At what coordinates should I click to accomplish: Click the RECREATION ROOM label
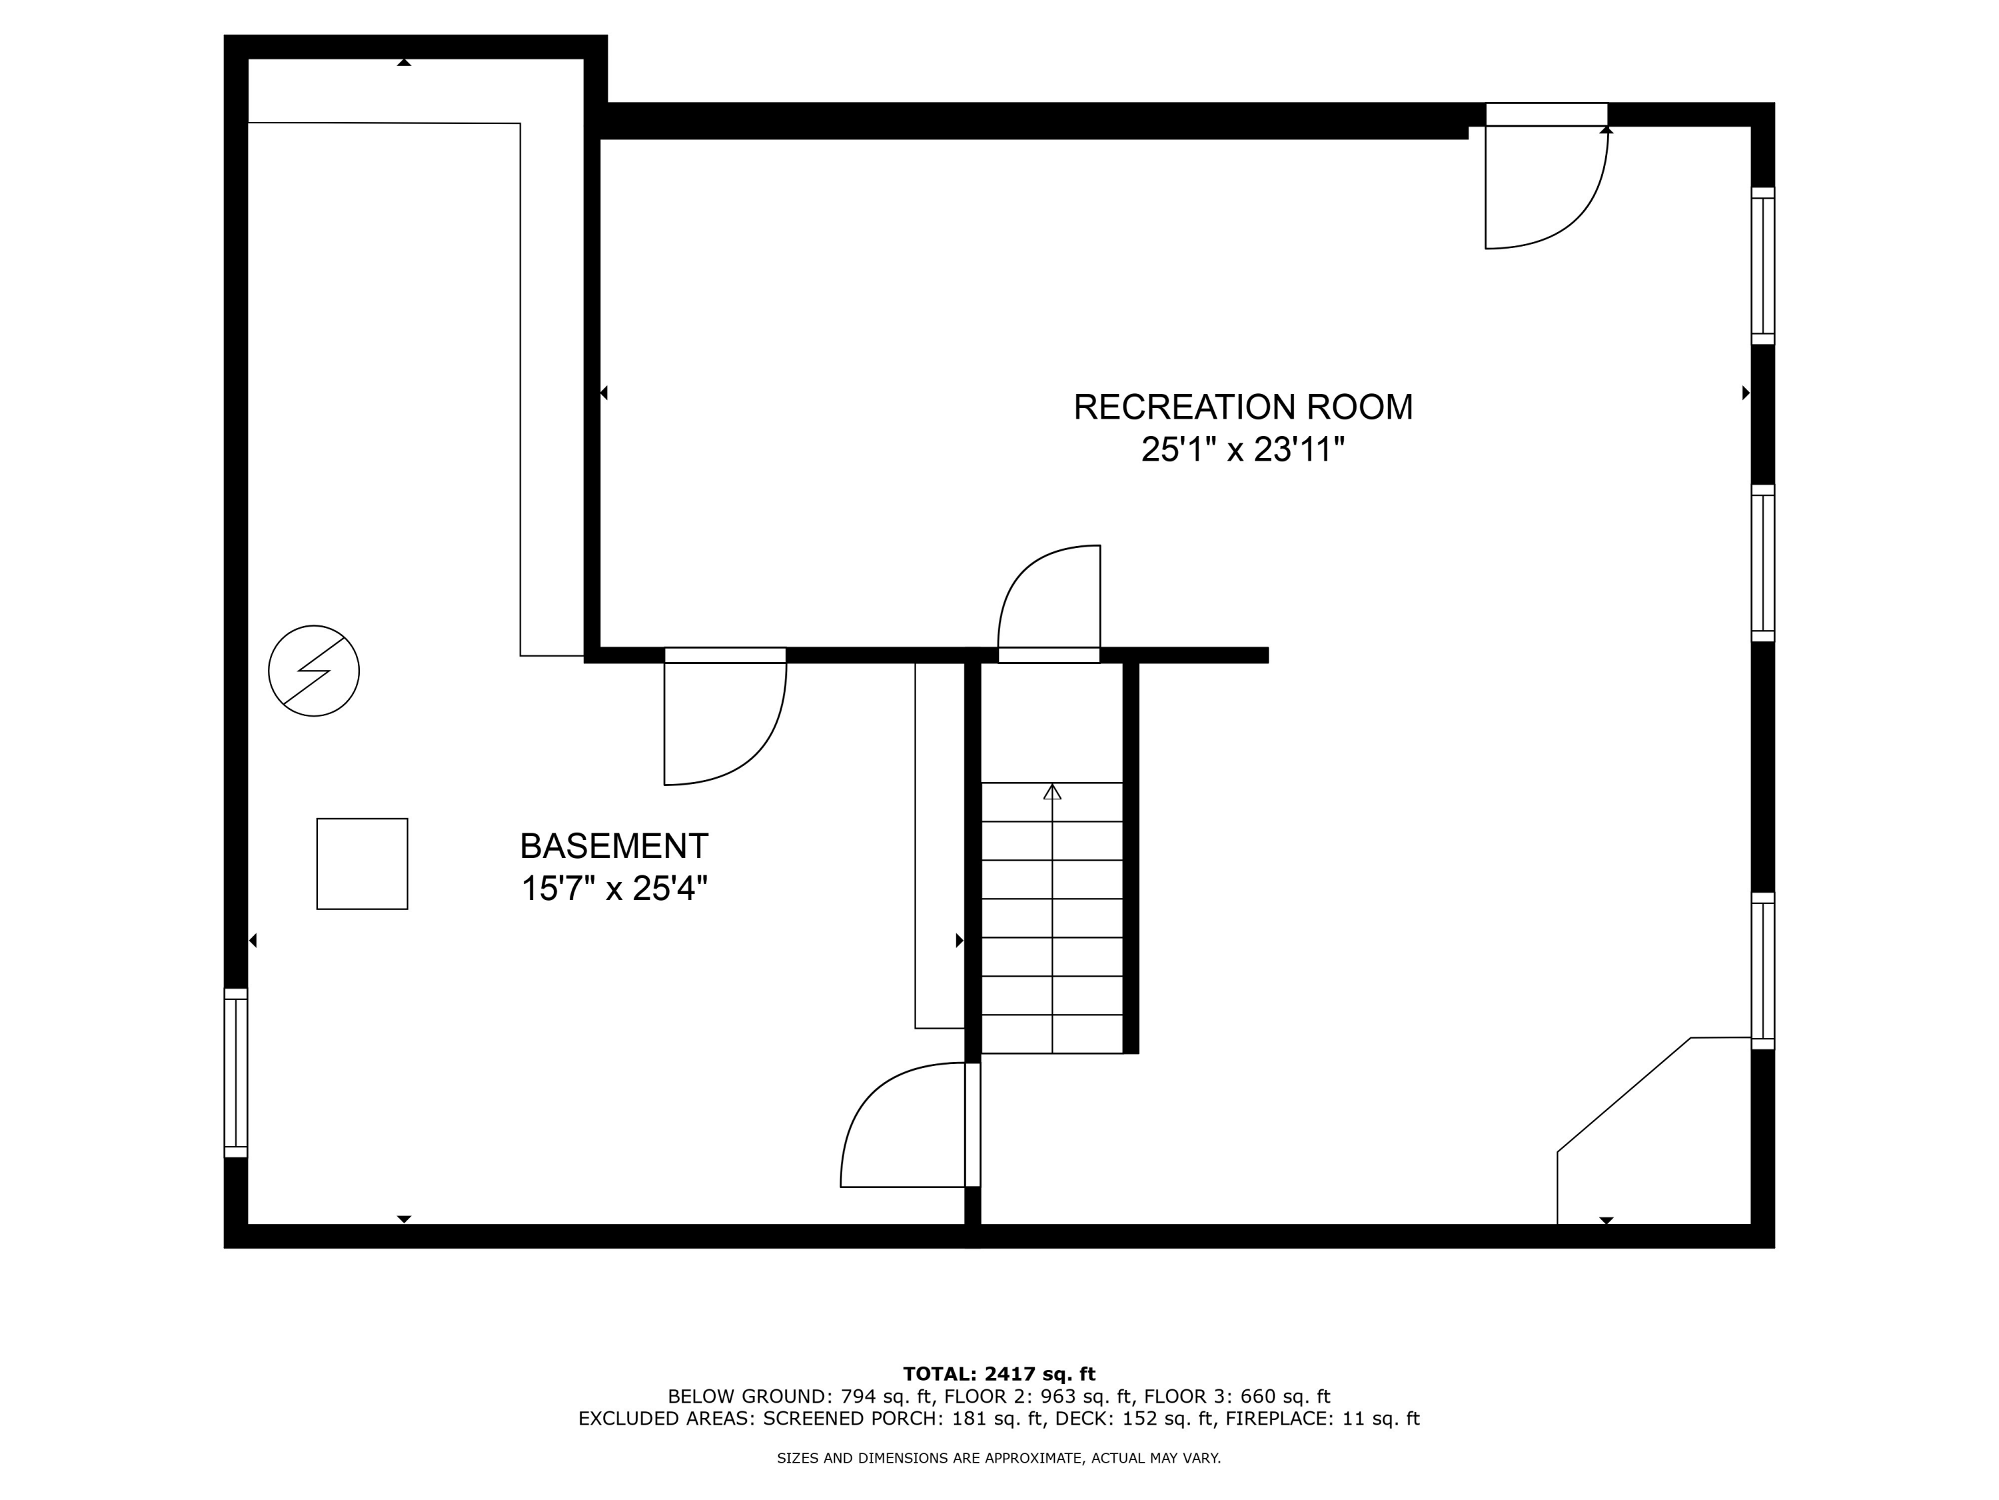[1243, 408]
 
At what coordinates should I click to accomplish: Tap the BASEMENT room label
[614, 846]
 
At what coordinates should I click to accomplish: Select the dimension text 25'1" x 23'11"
[1243, 449]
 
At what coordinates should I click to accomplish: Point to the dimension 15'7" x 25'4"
[614, 889]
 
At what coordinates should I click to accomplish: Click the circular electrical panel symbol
[314, 671]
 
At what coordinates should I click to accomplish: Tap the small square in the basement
[361, 863]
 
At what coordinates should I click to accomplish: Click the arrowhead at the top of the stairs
[1052, 792]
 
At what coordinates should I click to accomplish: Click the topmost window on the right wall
[1762, 266]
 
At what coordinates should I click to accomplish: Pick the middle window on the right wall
[1762, 563]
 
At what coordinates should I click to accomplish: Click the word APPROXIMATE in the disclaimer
[1033, 1457]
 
